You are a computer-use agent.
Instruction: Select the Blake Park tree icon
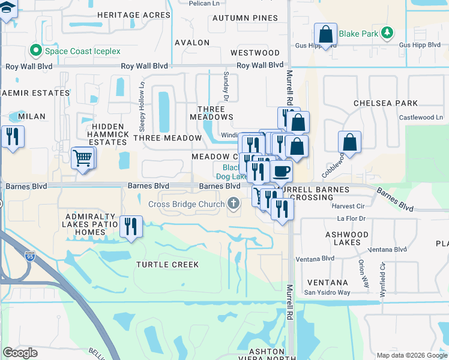point(388,33)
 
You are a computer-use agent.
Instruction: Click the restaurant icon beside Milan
point(12,137)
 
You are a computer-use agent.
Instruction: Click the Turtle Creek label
point(167,265)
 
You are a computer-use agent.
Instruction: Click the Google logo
point(20,353)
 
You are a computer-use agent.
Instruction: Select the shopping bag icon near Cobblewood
point(349,143)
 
